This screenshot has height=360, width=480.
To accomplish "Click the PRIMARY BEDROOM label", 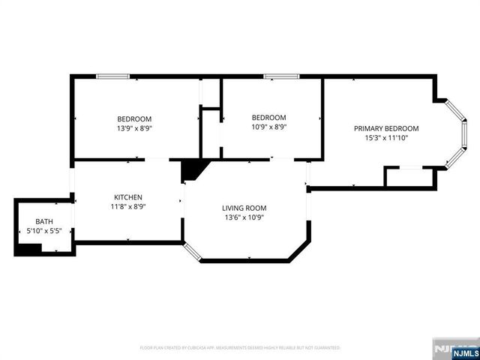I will coord(386,128).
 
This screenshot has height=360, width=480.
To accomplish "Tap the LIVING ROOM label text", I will coord(244,208).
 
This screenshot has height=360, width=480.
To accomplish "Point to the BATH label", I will coord(44,221).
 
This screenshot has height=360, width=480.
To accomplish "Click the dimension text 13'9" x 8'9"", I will coord(134,128).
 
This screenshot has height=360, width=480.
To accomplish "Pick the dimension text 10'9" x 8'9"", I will coord(268,127).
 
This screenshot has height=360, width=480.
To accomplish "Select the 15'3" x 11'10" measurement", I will coord(386,138).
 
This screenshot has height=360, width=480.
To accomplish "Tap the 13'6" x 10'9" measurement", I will coord(244,217).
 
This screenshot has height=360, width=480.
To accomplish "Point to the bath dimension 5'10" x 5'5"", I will coord(44,231).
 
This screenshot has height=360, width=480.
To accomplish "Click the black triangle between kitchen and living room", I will coord(190,169).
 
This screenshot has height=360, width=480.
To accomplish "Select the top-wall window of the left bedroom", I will coord(112,76).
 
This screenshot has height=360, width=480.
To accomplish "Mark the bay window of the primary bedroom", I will coord(455,133).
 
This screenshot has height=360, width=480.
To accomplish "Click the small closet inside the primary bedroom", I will coord(409,177).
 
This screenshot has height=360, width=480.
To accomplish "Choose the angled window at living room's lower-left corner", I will coord(193,252).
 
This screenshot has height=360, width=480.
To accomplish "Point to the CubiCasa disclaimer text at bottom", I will coord(240,348).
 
